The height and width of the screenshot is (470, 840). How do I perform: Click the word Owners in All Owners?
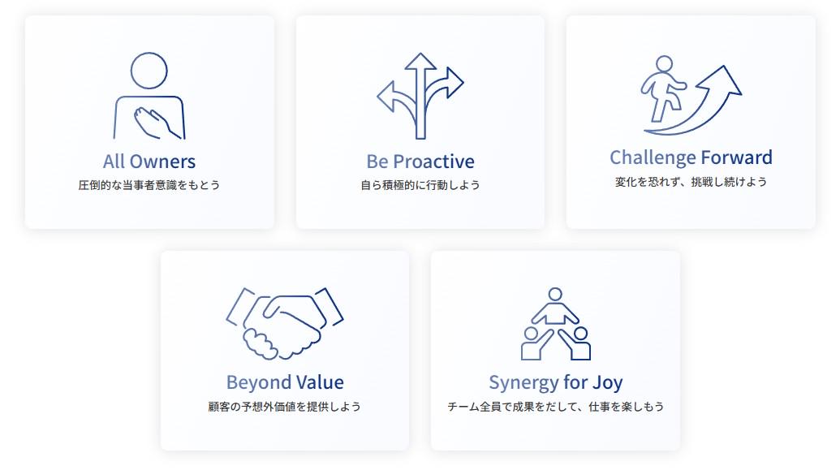(x=163, y=162)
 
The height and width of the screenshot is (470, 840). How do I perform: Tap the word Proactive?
(x=433, y=162)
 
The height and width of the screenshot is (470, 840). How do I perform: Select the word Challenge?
(x=653, y=157)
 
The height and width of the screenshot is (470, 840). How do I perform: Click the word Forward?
(x=737, y=157)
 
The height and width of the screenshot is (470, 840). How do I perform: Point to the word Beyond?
(x=258, y=382)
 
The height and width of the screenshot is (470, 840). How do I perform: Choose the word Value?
(x=320, y=382)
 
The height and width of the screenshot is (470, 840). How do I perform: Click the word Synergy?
(x=524, y=382)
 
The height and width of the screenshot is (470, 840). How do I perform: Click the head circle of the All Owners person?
(x=149, y=71)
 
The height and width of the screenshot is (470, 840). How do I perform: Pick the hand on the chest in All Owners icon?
(x=153, y=123)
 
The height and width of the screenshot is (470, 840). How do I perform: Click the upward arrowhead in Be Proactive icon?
(x=420, y=61)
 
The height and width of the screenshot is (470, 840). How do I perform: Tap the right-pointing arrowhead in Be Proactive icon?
(x=454, y=83)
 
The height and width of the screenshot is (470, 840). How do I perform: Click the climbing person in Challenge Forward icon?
(x=663, y=88)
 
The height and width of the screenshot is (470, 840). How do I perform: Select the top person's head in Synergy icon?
(x=555, y=294)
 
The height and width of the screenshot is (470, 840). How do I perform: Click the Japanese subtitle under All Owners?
(x=149, y=185)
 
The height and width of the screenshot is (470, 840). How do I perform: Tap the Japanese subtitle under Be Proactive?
(x=420, y=185)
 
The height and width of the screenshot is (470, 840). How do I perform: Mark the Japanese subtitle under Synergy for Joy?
(x=555, y=407)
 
